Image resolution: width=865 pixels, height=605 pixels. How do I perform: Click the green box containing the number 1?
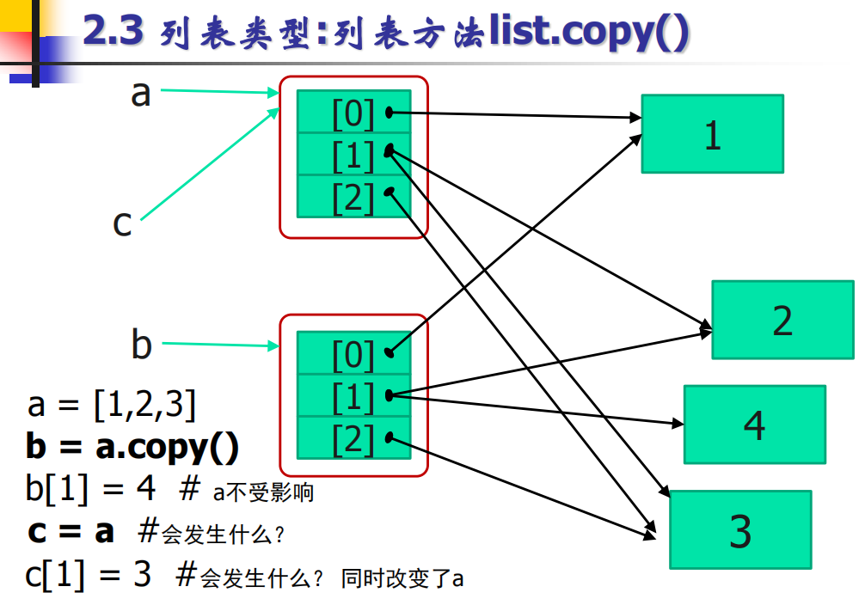click(x=712, y=134)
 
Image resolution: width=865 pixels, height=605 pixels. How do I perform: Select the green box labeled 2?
click(x=782, y=320)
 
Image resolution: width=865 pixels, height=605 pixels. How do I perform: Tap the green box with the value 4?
click(x=754, y=425)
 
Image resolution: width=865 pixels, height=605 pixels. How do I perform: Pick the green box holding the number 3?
click(x=740, y=529)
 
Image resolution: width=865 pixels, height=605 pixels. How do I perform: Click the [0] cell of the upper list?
click(x=353, y=112)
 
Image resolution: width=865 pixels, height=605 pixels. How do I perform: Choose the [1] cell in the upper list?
click(x=353, y=155)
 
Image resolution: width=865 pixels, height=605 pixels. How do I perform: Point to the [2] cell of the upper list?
click(x=353, y=197)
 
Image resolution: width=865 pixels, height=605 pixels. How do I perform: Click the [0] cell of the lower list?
click(x=353, y=353)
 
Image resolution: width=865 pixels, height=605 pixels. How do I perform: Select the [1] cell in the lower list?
click(x=353, y=396)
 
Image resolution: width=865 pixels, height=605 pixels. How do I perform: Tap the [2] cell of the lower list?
click(x=353, y=438)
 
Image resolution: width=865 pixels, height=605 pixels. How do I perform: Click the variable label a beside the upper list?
click(x=140, y=93)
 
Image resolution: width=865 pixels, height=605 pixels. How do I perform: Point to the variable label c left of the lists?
click(x=122, y=223)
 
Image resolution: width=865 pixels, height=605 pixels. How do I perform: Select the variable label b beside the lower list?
click(x=141, y=345)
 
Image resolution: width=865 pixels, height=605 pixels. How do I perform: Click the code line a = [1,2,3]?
click(x=111, y=404)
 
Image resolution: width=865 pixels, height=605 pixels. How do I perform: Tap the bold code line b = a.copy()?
click(x=132, y=447)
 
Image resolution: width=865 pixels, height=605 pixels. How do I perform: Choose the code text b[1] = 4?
click(x=91, y=489)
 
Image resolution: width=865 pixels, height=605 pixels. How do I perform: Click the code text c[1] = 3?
click(x=89, y=574)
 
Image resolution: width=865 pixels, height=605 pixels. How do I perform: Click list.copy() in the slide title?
click(x=589, y=32)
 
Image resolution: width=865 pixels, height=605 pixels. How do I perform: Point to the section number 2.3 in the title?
click(x=113, y=32)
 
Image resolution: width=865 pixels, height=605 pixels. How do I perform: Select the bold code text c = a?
click(x=71, y=531)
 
